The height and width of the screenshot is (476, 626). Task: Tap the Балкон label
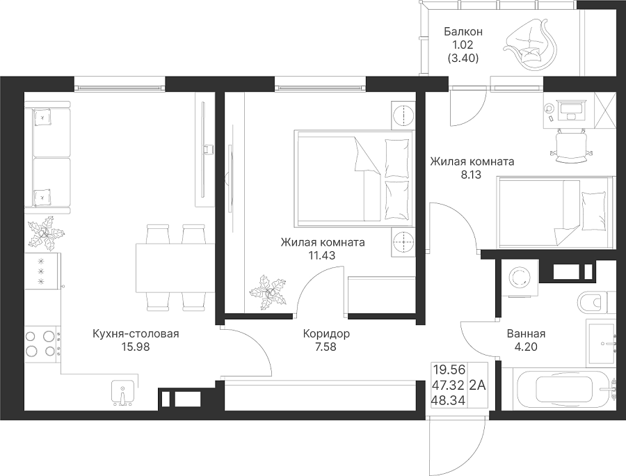point(463,31)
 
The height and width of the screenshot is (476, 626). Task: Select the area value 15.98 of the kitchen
point(136,347)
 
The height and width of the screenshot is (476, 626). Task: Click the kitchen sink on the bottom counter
point(122,393)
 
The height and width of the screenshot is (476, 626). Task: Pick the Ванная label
point(527,333)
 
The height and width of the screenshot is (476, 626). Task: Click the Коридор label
point(326,333)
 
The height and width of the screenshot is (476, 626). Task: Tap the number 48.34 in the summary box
point(449,400)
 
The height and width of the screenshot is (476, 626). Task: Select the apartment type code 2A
point(477,386)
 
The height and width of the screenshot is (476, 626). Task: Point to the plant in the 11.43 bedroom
point(268,292)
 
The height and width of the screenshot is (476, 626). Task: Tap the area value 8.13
point(471,175)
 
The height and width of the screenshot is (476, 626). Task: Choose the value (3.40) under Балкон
point(463,58)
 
